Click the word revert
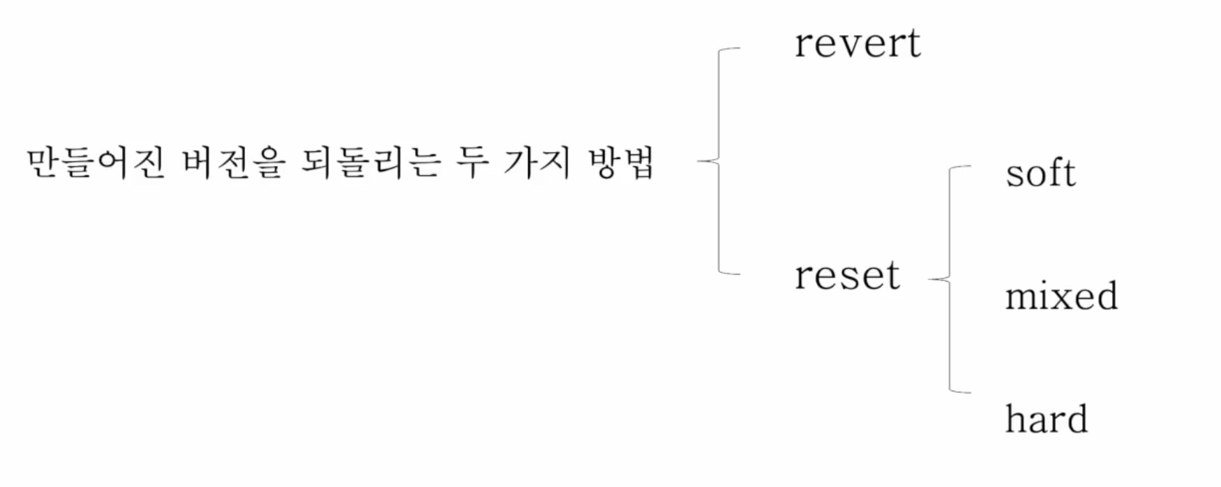tap(857, 43)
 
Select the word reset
tap(847, 275)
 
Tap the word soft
tap(1040, 172)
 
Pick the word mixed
tap(1061, 296)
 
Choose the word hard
tap(1047, 419)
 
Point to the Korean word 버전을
tap(234, 165)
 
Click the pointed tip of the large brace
tap(700, 162)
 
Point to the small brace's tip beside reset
tap(931, 280)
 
